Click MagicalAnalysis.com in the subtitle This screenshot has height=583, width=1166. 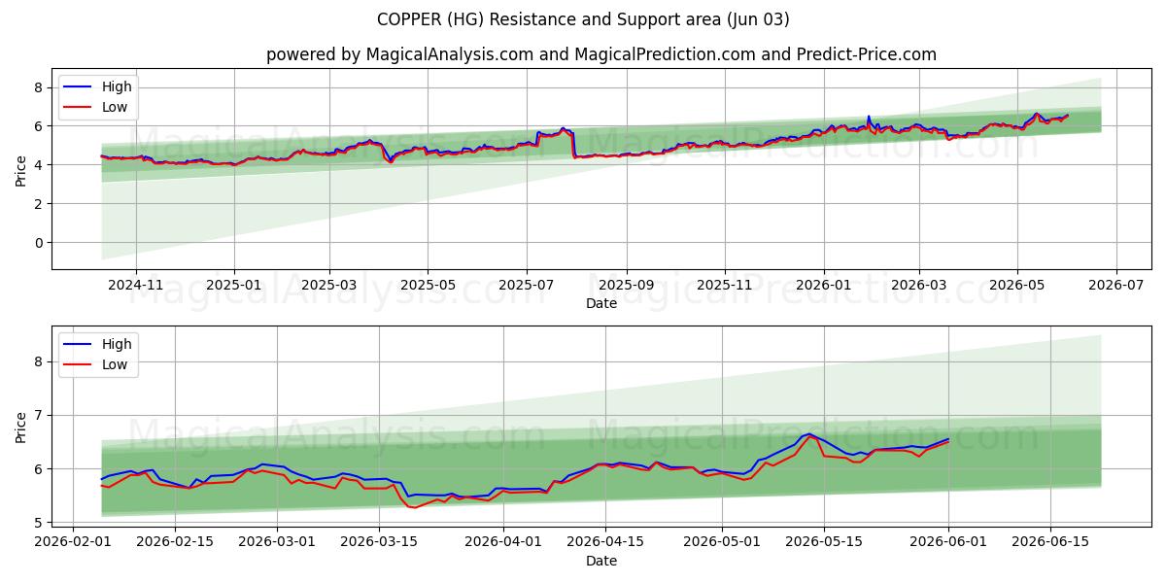coord(450,54)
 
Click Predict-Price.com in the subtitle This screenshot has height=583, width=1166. coord(866,54)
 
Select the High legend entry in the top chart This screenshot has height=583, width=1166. coord(98,86)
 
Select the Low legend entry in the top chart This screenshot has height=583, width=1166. coord(96,107)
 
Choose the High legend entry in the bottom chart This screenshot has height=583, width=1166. coord(98,344)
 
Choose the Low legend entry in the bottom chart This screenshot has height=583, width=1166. coord(96,364)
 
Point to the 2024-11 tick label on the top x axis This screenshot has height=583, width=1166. coord(136,285)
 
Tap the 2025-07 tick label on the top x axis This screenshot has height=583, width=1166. coord(527,285)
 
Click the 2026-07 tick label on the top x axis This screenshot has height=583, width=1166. coord(1116,285)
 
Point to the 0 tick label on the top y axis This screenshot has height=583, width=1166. coord(39,243)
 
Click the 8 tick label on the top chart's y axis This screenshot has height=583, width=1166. coord(39,87)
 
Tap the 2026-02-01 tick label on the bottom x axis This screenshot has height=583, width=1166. coord(73,542)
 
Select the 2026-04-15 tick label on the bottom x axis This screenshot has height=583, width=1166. coord(605,542)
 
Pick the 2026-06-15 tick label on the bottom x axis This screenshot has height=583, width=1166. coord(1050,542)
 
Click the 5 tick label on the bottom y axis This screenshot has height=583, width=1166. coord(39,523)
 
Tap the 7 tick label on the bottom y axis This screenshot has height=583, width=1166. coord(39,416)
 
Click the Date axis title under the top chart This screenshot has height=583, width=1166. coord(601,303)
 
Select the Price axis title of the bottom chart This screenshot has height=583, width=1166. coord(20,428)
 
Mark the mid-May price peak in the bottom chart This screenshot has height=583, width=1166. coord(808,434)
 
